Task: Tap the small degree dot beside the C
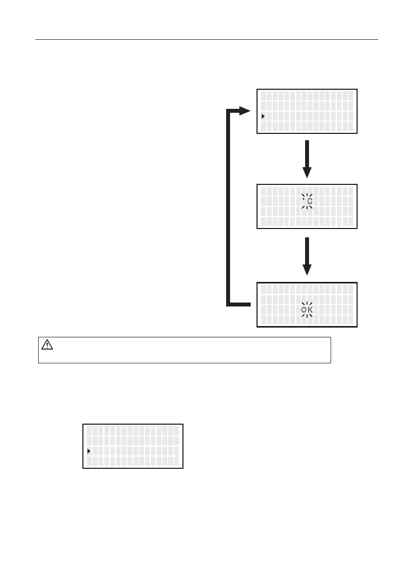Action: tap(304, 199)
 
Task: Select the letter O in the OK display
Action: tap(304, 310)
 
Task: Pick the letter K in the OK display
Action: tap(310, 310)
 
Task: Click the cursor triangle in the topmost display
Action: tap(263, 116)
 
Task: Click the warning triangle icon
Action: tap(47, 345)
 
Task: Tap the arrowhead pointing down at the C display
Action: tap(307, 172)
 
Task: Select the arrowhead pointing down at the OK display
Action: tap(307, 269)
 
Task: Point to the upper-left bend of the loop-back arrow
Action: tap(229, 112)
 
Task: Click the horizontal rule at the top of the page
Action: tap(206, 39)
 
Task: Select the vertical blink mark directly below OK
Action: tap(307, 317)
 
